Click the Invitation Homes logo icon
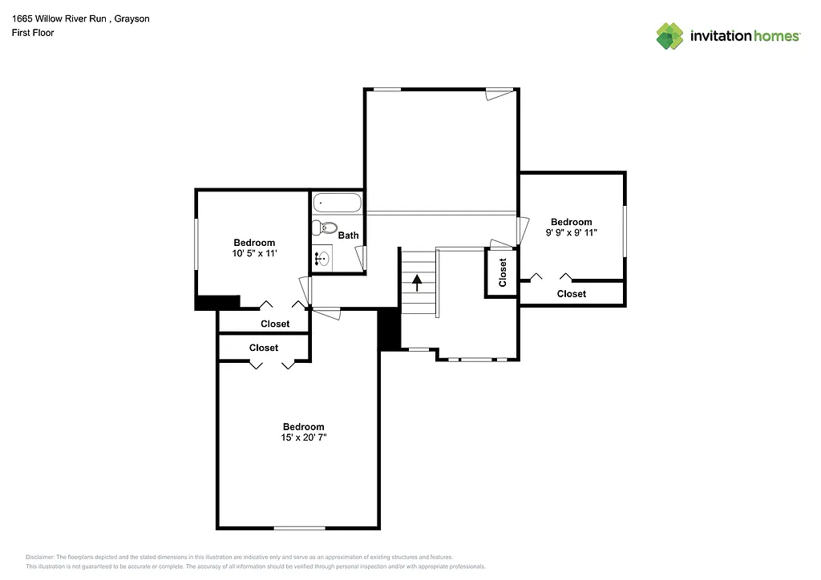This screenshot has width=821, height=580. click(x=669, y=36)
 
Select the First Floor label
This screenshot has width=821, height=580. click(x=33, y=33)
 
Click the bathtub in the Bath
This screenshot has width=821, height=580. click(x=337, y=203)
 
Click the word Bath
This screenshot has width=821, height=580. click(x=348, y=236)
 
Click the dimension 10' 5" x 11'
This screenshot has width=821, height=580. click(x=254, y=253)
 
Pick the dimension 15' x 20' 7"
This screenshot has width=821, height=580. click(x=303, y=437)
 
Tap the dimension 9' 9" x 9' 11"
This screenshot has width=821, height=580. click(x=571, y=232)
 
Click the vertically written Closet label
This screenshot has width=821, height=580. click(x=503, y=272)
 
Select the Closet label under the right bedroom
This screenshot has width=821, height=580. click(x=571, y=294)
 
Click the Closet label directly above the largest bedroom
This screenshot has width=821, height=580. click(x=264, y=348)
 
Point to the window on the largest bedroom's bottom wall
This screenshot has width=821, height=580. click(x=299, y=528)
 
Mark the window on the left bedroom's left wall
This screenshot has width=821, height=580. click(x=196, y=244)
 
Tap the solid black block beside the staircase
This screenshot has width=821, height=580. click(x=389, y=328)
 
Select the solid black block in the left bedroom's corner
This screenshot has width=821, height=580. click(x=217, y=302)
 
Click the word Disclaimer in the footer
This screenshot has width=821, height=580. click(x=39, y=557)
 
